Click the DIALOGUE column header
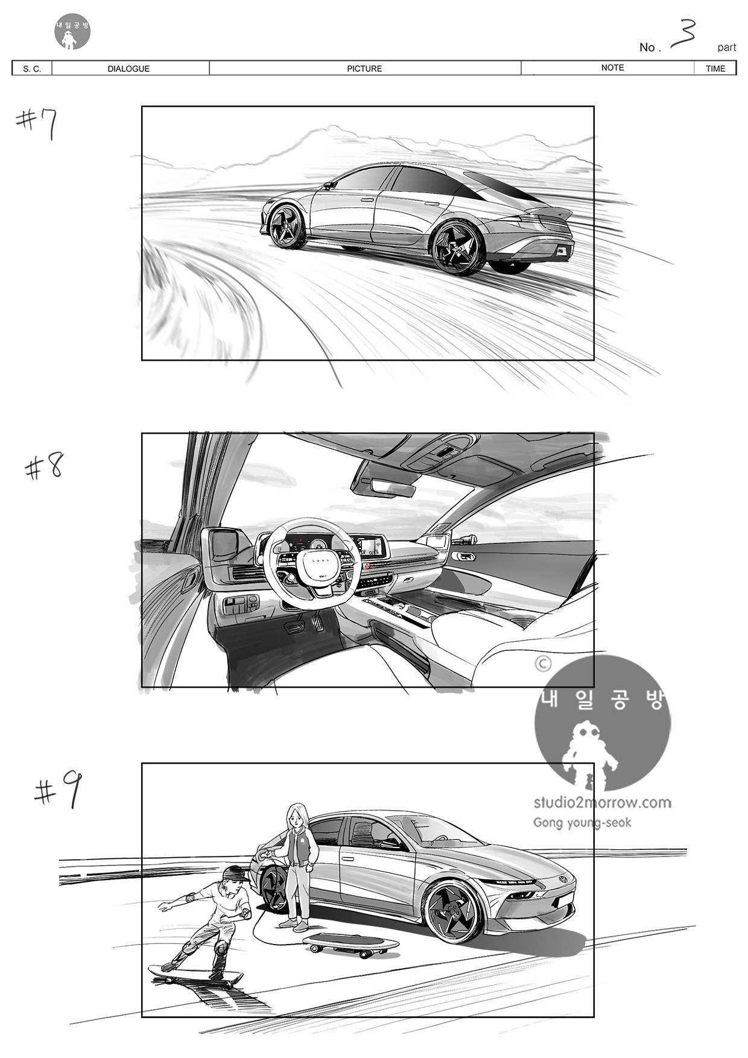coord(128,69)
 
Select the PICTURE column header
coord(364,69)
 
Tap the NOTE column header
coord(612,68)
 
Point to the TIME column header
coord(715,69)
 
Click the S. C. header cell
coord(32,69)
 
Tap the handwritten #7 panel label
coord(37,124)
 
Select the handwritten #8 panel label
coord(44,466)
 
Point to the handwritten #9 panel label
coord(58,790)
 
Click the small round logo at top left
coord(72,32)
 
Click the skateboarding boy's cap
coord(235,873)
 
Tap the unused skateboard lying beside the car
coord(350,944)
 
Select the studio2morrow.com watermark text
coord(602,802)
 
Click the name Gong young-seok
coord(582,823)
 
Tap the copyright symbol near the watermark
coord(543,664)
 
